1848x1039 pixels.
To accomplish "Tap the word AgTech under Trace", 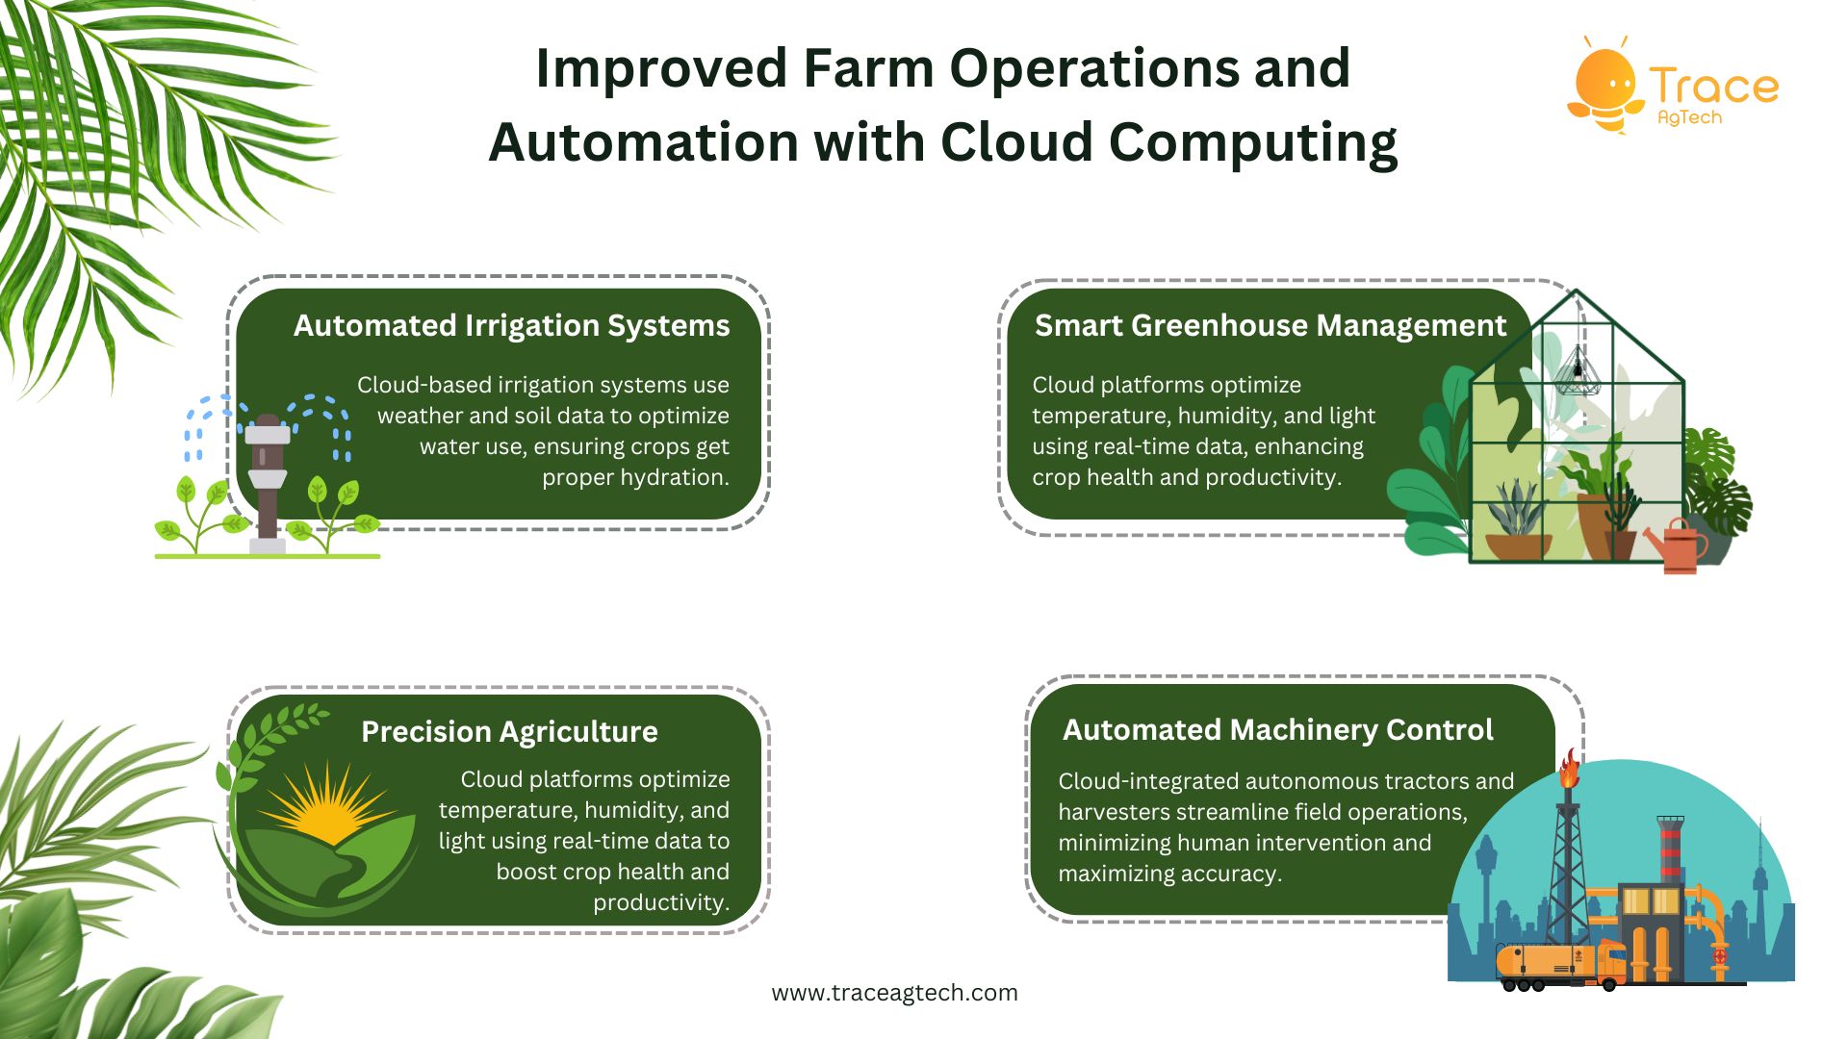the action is (1689, 117).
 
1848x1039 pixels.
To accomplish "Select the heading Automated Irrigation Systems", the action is (511, 326).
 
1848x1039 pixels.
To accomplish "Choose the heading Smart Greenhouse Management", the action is (1270, 326).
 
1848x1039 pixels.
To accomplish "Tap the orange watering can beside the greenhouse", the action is (1678, 546).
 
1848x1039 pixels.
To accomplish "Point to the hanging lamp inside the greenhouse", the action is (1578, 370).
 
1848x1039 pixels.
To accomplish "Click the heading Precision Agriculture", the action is (509, 732).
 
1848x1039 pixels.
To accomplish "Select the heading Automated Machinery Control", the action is (1277, 730).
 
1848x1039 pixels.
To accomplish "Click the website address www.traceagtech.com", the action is (895, 993).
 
